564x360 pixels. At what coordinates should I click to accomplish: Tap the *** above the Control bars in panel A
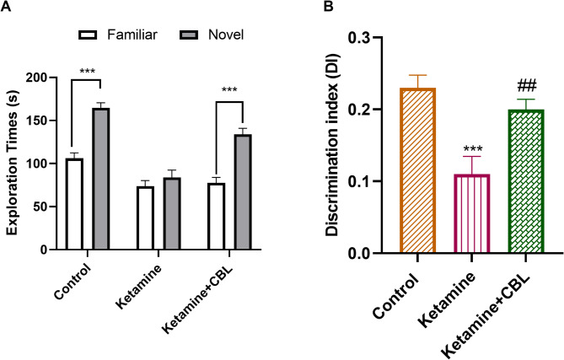point(86,71)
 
